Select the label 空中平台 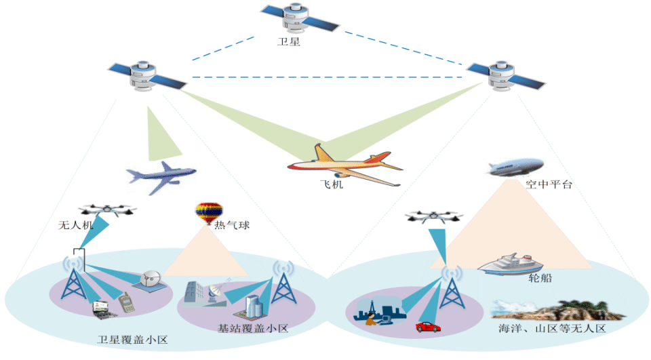pyautogui.click(x=549, y=184)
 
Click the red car pyautogui.click(x=428, y=326)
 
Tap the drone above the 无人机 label pyautogui.click(x=107, y=211)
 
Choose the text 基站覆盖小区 pyautogui.click(x=252, y=329)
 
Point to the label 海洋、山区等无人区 pyautogui.click(x=551, y=329)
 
